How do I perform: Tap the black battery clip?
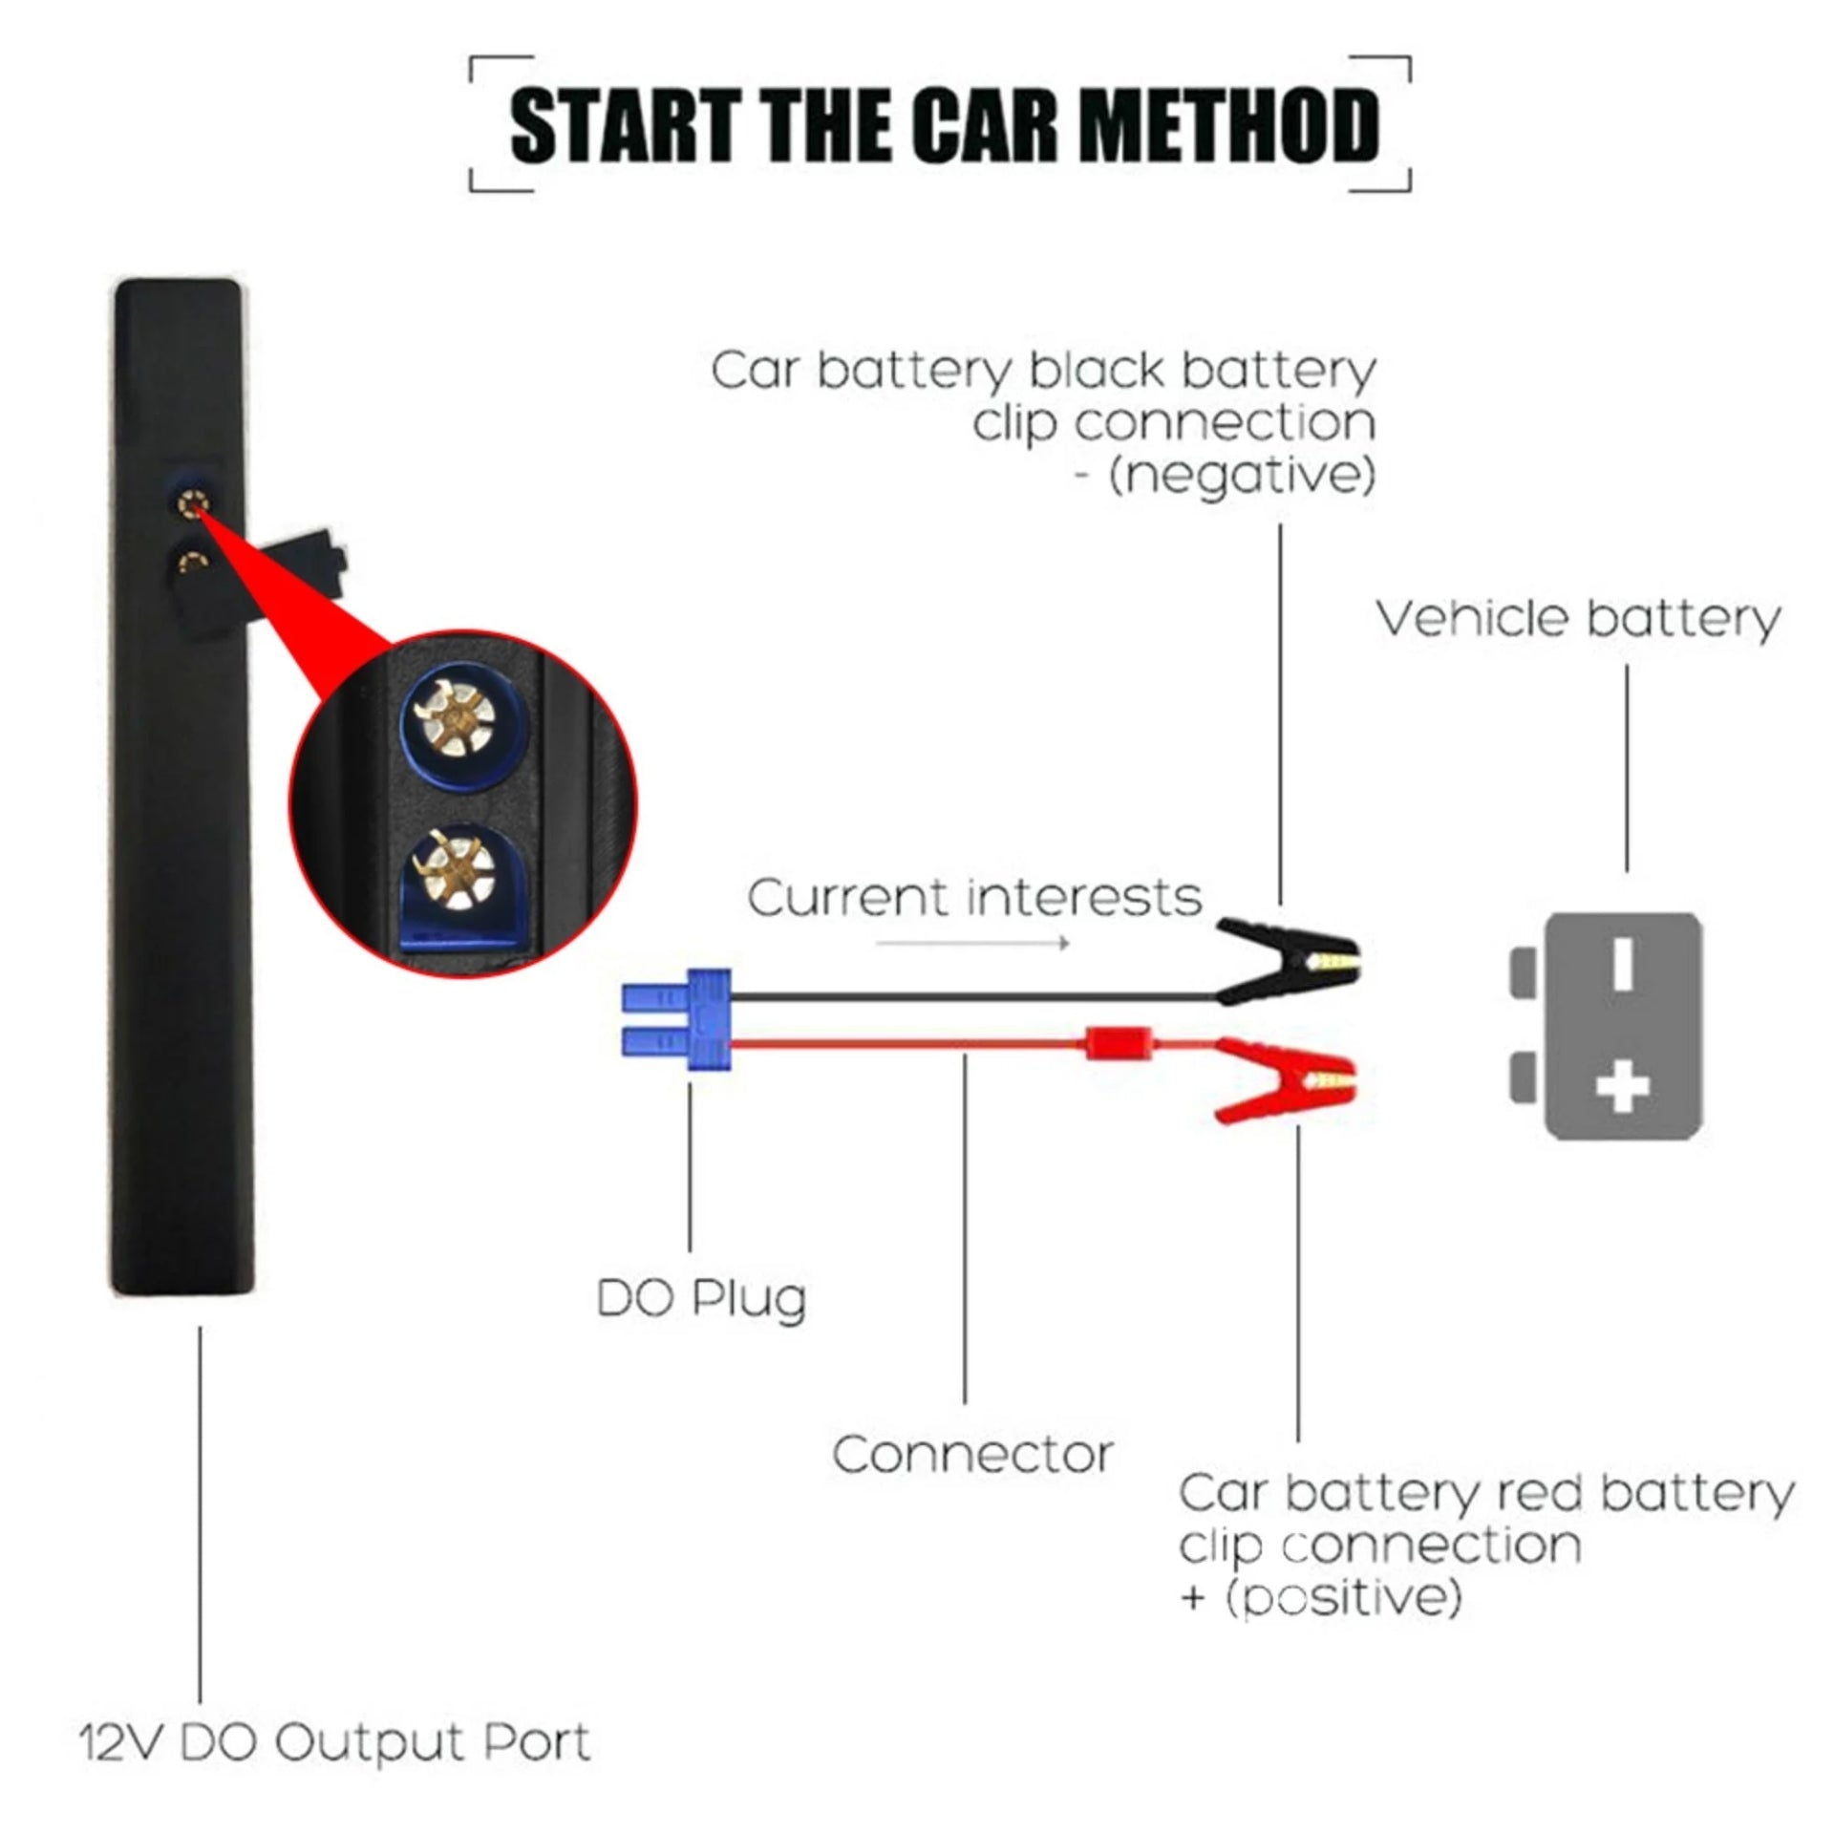pyautogui.click(x=1285, y=958)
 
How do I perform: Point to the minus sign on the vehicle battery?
pyautogui.click(x=1622, y=963)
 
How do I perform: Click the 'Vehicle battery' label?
pyautogui.click(x=1578, y=619)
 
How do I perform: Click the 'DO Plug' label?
pyautogui.click(x=701, y=1299)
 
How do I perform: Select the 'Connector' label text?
pyautogui.click(x=972, y=1456)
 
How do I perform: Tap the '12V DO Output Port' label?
pyautogui.click(x=334, y=1742)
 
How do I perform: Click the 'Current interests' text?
pyautogui.click(x=973, y=899)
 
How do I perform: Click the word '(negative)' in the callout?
pyautogui.click(x=1242, y=476)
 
